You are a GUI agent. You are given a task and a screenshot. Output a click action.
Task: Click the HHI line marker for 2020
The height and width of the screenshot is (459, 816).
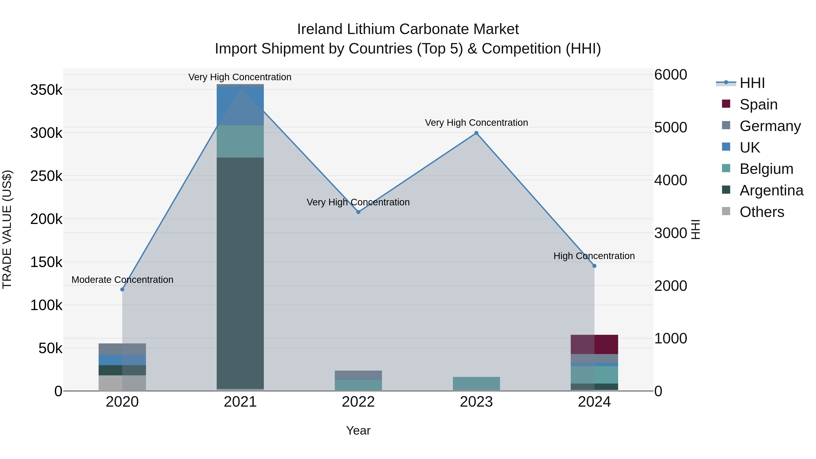tap(122, 289)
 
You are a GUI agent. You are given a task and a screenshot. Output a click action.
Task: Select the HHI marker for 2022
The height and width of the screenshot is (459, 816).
tap(358, 212)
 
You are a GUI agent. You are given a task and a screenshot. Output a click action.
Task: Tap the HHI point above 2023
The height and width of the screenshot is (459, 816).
tap(476, 133)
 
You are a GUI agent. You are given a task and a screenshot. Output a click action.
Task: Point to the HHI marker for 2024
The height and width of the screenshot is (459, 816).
tap(594, 266)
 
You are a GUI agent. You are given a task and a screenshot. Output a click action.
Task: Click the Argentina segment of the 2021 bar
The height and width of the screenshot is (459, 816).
tap(240, 272)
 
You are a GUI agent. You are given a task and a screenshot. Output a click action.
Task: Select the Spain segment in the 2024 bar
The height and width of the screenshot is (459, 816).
tap(594, 344)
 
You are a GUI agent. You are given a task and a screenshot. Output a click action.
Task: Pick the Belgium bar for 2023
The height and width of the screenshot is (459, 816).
tap(476, 384)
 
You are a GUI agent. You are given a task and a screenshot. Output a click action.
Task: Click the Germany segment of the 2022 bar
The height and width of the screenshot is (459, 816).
tap(358, 375)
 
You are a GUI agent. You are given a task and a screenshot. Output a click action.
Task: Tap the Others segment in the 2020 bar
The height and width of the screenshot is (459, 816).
tap(122, 383)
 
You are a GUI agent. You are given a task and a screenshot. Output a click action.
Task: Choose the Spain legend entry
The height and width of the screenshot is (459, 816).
tap(758, 104)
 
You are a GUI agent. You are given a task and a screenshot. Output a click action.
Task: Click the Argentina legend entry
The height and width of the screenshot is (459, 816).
tap(771, 190)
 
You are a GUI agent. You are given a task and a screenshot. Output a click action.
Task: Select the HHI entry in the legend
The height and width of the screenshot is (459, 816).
tap(752, 83)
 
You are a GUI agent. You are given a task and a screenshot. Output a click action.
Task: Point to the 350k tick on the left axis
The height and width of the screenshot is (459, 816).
tap(46, 90)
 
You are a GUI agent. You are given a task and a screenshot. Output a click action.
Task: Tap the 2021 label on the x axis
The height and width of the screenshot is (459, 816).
tap(240, 402)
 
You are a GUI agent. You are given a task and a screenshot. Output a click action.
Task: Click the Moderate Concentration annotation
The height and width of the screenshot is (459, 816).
tap(122, 280)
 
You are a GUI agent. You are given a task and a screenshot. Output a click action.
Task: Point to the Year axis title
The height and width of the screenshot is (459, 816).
tap(358, 430)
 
